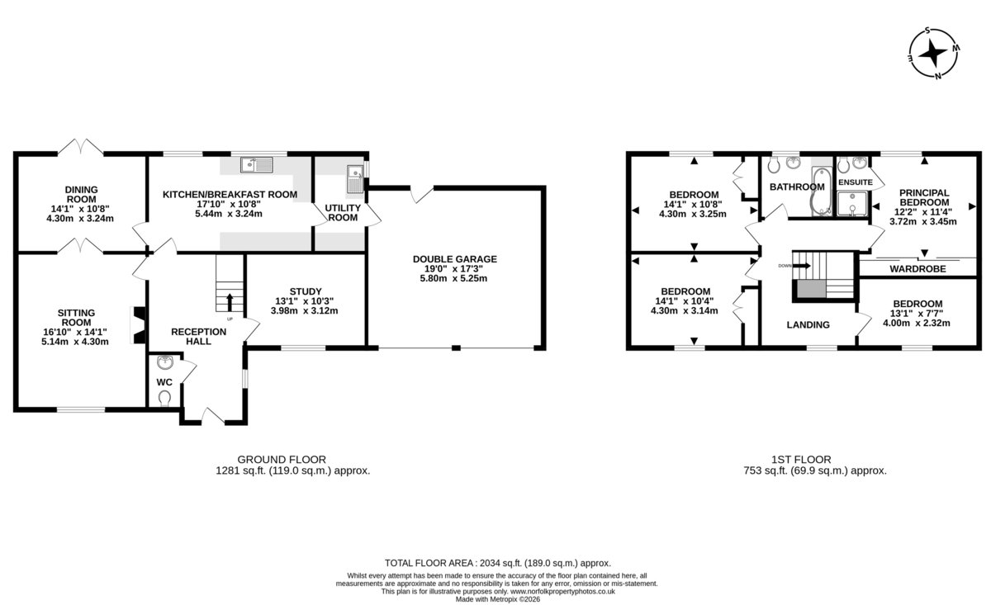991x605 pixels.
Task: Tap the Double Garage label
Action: [455, 258]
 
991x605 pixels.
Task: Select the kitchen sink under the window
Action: [257, 164]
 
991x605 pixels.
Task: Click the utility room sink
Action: [355, 178]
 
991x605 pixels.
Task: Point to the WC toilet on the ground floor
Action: [164, 398]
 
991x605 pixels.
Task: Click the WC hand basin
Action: [165, 362]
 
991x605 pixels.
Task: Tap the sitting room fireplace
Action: [138, 324]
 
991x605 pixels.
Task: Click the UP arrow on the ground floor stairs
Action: [230, 302]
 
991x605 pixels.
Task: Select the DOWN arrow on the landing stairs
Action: [801, 265]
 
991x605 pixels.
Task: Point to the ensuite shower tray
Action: [851, 204]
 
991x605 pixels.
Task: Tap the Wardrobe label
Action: [918, 268]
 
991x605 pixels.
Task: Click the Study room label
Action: [306, 291]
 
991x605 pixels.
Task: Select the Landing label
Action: [808, 324]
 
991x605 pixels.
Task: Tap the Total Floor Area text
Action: [498, 563]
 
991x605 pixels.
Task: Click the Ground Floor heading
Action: [282, 460]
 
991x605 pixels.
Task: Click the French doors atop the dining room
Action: [81, 147]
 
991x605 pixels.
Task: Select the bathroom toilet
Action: [774, 165]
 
